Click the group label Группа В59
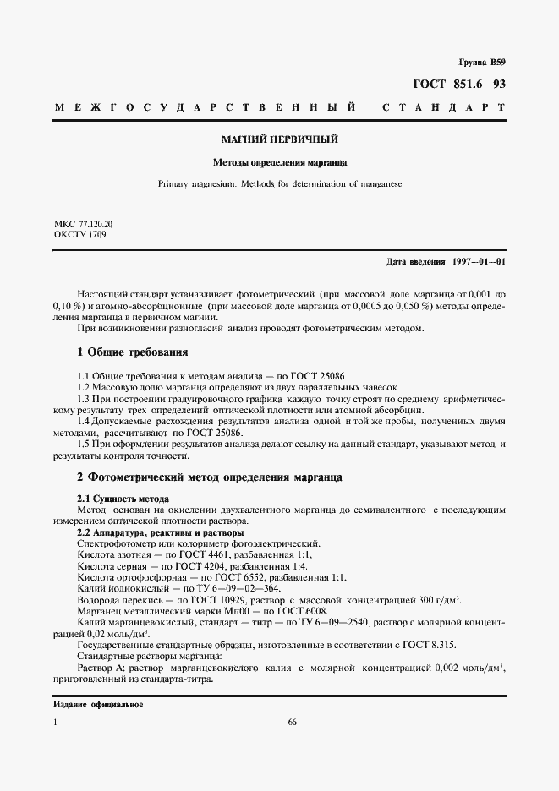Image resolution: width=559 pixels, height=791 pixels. click(481, 63)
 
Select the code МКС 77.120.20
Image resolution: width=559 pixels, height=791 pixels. click(83, 225)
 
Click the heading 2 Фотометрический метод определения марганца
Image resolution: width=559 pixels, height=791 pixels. click(209, 477)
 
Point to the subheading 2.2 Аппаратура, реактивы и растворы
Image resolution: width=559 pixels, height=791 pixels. click(161, 533)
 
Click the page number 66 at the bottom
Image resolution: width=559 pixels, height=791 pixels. click(292, 723)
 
